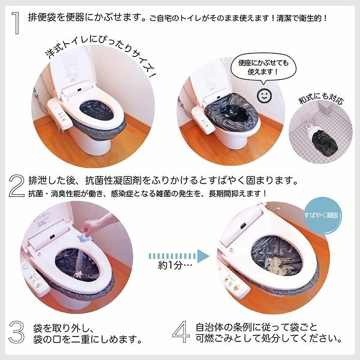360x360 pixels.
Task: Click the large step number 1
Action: pos(16,23)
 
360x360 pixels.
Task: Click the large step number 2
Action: pos(17,185)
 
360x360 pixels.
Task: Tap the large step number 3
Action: pos(17,332)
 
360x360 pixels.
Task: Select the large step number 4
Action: pos(181,332)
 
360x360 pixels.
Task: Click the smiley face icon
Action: pos(264,95)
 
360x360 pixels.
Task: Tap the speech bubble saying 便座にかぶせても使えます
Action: pos(263,67)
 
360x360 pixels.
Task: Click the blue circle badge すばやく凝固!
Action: pos(323,215)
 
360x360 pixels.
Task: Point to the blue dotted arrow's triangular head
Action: pos(203,256)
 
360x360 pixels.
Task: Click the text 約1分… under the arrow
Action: pos(175,266)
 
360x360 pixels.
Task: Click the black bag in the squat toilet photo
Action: pos(324,141)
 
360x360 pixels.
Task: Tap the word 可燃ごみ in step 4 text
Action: pos(214,338)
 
